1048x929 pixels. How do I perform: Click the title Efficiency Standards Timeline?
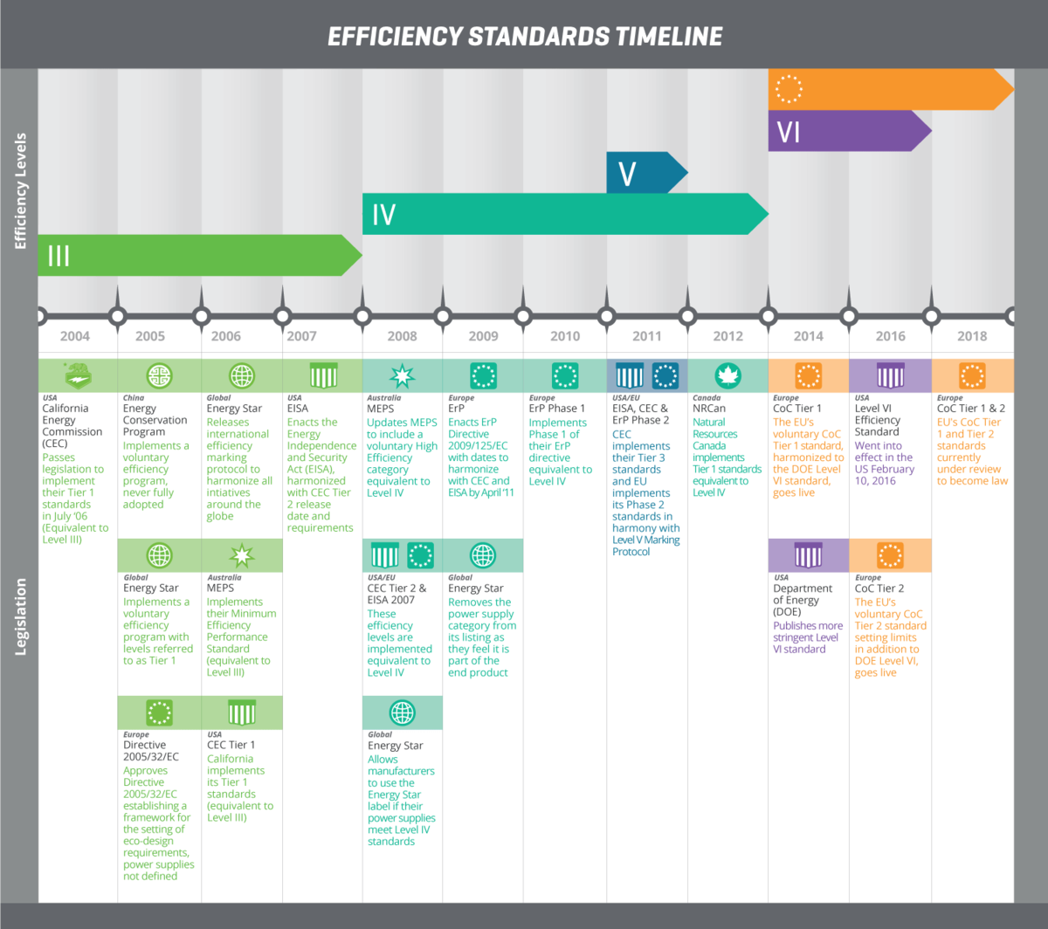[x=525, y=36]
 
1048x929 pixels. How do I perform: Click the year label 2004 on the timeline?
[x=75, y=336]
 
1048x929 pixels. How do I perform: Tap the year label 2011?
[x=647, y=336]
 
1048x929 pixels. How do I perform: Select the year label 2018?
[x=972, y=336]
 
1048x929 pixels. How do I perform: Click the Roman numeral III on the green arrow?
[x=59, y=256]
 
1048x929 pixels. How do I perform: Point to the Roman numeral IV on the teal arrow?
[x=383, y=215]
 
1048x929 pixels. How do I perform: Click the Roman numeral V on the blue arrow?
[x=627, y=174]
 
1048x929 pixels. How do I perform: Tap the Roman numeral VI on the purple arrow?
[x=789, y=133]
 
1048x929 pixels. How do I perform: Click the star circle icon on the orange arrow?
[x=789, y=89]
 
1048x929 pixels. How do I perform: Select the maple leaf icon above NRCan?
[x=727, y=376]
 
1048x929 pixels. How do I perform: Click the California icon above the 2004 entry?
[x=78, y=376]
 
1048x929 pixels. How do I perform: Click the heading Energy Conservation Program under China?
[x=155, y=420]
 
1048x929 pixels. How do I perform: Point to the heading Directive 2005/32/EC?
[x=151, y=751]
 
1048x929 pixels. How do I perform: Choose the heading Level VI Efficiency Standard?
[x=877, y=420]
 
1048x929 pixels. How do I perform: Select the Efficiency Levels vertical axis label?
[x=21, y=191]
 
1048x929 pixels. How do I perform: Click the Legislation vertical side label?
[x=21, y=616]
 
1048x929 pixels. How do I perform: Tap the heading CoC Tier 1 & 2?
[x=970, y=408]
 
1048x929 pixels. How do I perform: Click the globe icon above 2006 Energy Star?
[x=242, y=376]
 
